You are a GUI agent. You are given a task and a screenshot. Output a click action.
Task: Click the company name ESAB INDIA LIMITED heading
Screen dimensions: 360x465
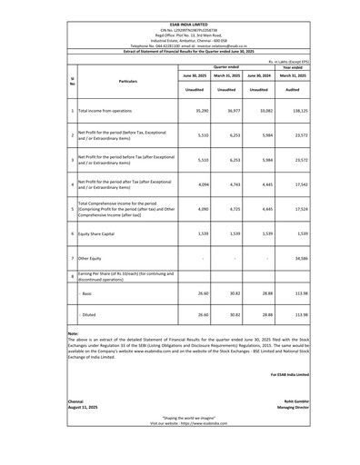pos(179,5)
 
